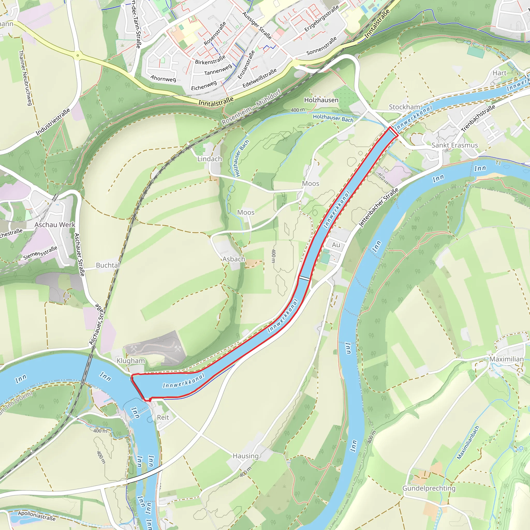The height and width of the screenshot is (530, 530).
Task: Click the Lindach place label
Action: pos(210,159)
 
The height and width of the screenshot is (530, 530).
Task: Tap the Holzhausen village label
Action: pos(321,100)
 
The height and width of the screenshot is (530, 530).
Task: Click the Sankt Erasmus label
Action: pos(454,145)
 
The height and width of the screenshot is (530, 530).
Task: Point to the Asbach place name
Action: pos(233,259)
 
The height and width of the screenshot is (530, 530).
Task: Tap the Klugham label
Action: pos(131,360)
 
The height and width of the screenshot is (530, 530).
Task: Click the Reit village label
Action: pos(163,417)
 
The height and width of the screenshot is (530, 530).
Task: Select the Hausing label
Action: pos(246,456)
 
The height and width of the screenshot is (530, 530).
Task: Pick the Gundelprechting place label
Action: pos(429,488)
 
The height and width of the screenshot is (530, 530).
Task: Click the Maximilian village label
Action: pos(506,359)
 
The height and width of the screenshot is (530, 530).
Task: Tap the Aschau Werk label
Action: pos(55,225)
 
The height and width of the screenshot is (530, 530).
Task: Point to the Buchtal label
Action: pos(108,265)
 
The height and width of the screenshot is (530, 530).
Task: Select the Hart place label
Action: pos(499,73)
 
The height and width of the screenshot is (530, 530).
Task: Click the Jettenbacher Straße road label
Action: pos(379,208)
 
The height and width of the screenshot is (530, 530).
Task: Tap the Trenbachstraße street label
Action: pos(478,118)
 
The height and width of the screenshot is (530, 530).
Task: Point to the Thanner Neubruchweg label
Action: pos(26,78)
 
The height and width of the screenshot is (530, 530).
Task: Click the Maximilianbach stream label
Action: pos(468,443)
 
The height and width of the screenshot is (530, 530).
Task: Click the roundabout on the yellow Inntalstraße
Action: pos(78,55)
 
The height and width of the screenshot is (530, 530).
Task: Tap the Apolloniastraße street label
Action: pos(37,516)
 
